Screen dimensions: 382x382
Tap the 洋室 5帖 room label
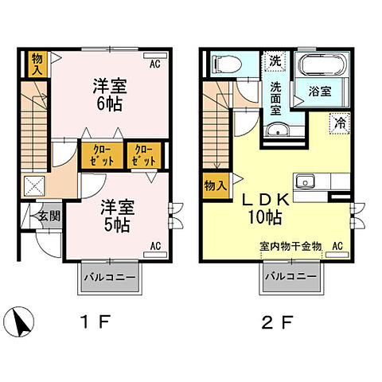click(x=117, y=215)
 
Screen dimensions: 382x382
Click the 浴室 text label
click(x=319, y=92)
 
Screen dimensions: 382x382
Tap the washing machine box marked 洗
click(x=274, y=60)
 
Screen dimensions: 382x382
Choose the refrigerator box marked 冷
click(x=339, y=123)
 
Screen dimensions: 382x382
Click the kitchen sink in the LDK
click(x=305, y=182)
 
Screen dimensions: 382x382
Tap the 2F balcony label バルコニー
click(x=290, y=278)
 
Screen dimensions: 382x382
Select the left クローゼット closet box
click(x=101, y=154)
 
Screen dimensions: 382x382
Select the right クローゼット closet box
click(x=144, y=154)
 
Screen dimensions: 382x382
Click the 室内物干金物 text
click(x=289, y=247)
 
